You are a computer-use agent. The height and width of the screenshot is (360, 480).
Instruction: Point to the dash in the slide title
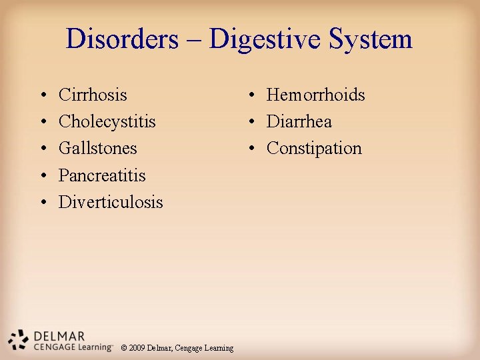click(x=194, y=40)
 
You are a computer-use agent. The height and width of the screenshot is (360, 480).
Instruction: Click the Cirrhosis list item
click(x=93, y=95)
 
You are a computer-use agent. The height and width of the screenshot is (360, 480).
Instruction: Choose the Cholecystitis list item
click(x=107, y=121)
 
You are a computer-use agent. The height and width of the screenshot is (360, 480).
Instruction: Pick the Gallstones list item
click(x=97, y=148)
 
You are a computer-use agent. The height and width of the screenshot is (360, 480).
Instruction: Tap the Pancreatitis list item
click(x=102, y=175)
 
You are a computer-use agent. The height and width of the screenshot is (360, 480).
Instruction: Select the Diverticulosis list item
click(x=111, y=202)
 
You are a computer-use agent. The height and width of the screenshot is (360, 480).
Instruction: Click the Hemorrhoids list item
click(x=315, y=95)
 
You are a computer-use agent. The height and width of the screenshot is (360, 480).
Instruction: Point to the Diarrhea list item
click(x=299, y=121)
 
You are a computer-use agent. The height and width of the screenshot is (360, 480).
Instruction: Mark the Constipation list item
click(x=314, y=148)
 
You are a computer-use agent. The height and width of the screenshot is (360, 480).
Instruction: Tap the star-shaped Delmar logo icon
click(x=18, y=340)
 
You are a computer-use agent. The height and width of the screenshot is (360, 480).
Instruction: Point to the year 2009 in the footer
click(x=137, y=348)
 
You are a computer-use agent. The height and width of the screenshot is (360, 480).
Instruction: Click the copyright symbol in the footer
click(x=123, y=348)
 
